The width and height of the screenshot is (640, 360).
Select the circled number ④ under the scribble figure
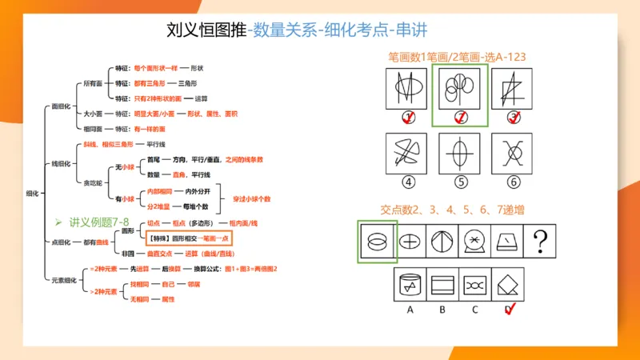pos(408,182)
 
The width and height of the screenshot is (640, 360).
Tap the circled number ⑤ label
pos(460,182)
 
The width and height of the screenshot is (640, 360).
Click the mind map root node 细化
pos(33,194)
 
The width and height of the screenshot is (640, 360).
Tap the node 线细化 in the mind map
pos(61,163)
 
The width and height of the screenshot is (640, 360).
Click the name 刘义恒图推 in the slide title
pos(206,30)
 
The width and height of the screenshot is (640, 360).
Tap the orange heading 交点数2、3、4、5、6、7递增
pos(441,210)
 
